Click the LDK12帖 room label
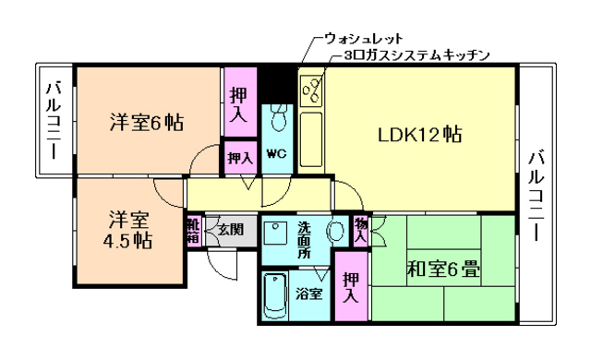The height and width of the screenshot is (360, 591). click(x=419, y=135)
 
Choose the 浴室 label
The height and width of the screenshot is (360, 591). click(x=309, y=294)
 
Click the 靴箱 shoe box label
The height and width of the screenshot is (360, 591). click(x=193, y=230)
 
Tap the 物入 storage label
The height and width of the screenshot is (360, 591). click(x=360, y=230)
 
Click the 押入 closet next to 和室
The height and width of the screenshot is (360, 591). click(x=351, y=288)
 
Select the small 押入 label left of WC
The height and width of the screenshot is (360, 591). click(x=240, y=158)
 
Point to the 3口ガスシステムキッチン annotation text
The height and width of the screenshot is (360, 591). click(x=415, y=55)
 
